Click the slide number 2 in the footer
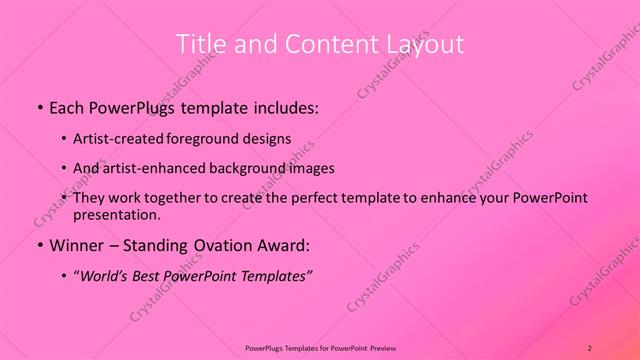(x=590, y=347)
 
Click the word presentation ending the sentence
(x=115, y=215)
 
